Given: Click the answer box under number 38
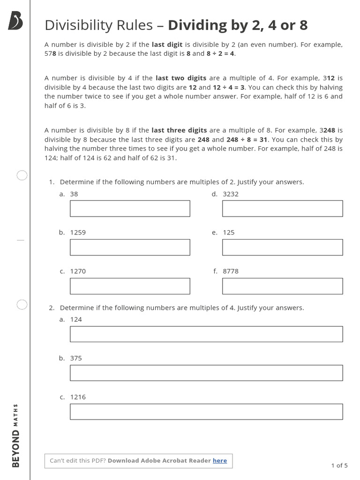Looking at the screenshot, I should (x=130, y=209).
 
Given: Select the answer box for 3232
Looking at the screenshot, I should (x=282, y=209).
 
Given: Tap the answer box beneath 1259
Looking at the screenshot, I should (x=130, y=247).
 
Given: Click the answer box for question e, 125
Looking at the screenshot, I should (x=282, y=247).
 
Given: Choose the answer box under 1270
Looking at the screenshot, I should (x=130, y=286).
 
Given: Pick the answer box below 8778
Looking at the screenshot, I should (x=282, y=286).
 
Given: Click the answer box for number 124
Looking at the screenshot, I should (x=206, y=334).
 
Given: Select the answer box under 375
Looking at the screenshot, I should (x=206, y=373).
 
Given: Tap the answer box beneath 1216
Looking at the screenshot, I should (x=206, y=412).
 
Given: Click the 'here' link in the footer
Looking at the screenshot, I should (x=220, y=461).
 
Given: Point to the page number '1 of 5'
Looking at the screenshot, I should (x=339, y=465).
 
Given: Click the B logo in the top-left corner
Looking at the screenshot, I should (x=15, y=21).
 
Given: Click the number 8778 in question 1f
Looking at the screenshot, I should (x=231, y=271).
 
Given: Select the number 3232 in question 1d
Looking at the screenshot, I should (x=231, y=194).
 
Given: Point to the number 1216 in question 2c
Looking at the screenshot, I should (x=78, y=397).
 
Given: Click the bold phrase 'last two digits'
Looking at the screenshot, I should (x=181, y=78).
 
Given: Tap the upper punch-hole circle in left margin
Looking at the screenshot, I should (x=22, y=175).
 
